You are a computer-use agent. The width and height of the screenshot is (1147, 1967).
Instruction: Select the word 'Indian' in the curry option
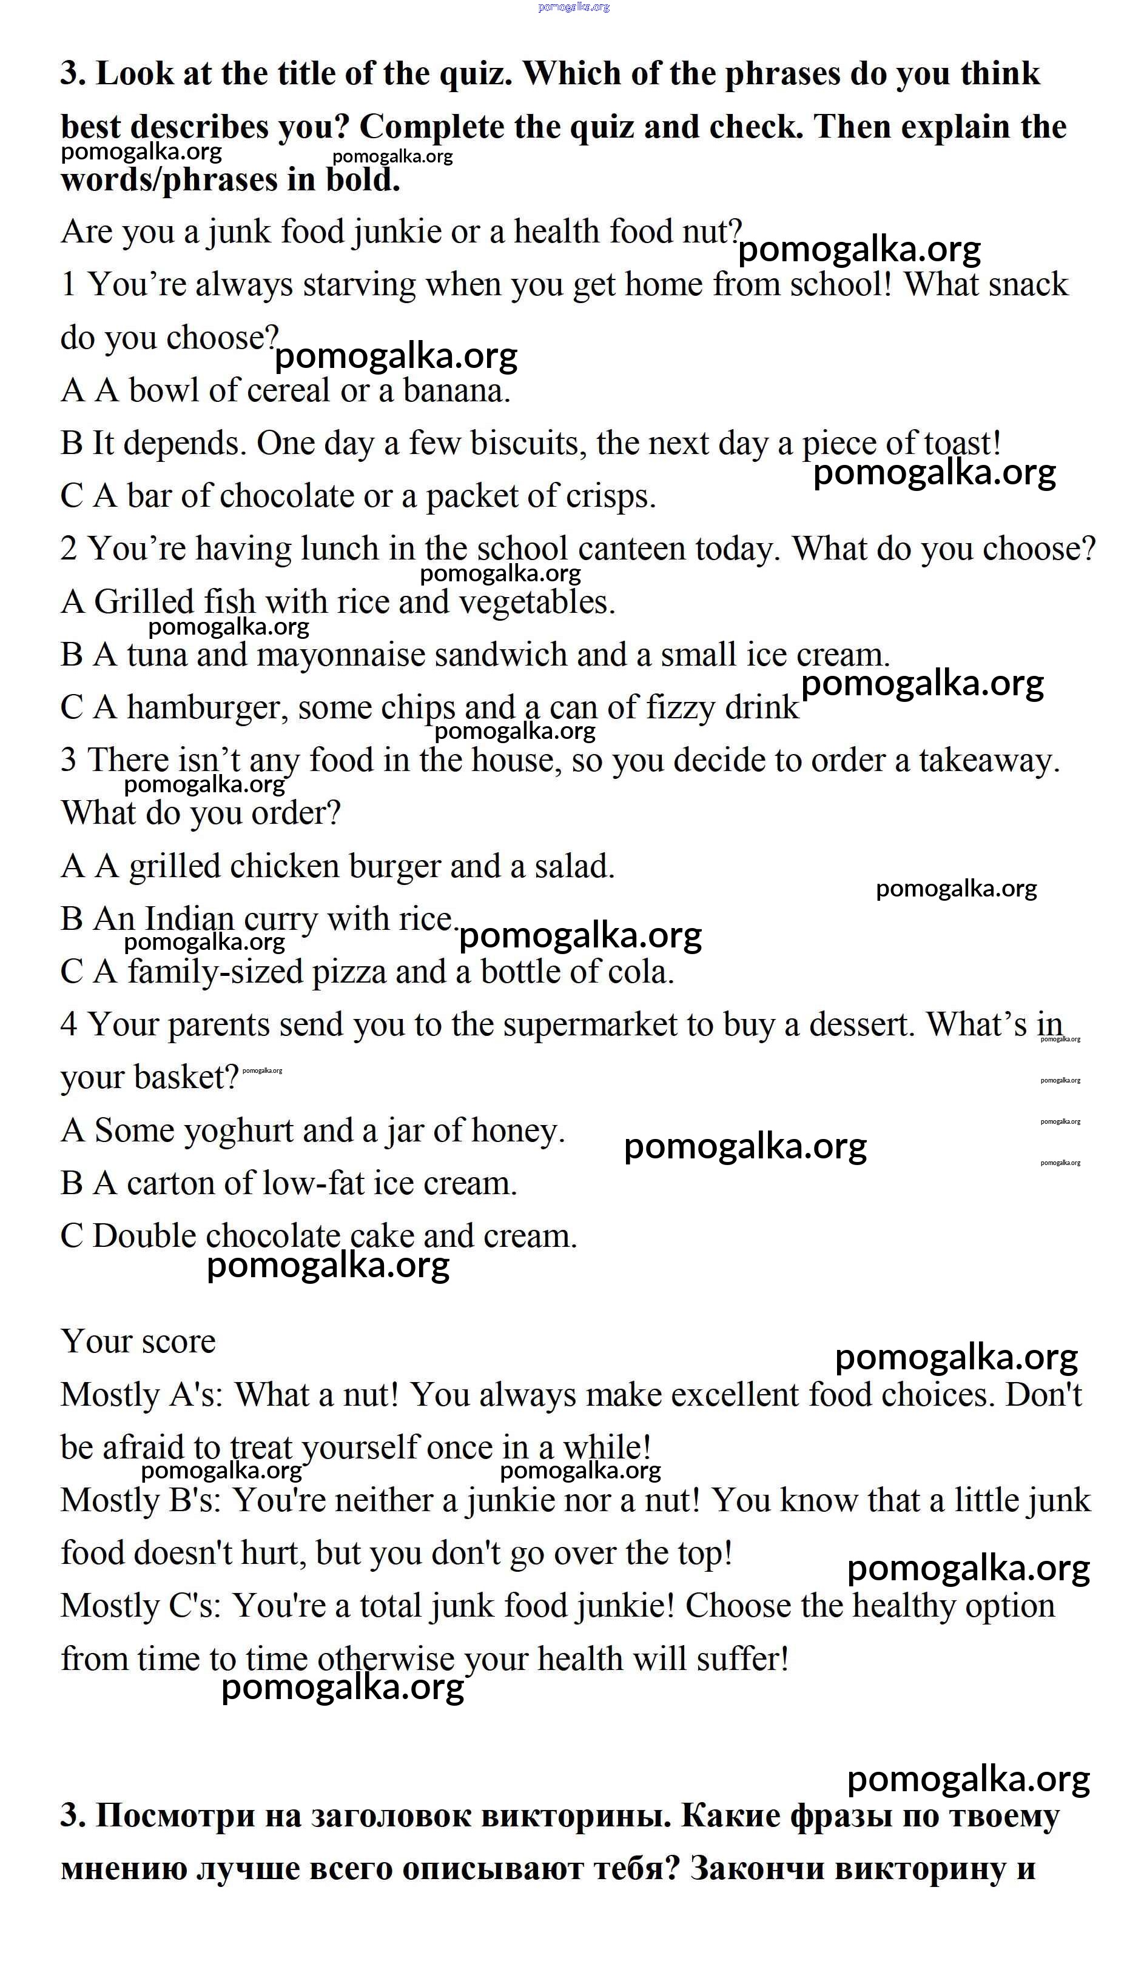(189, 920)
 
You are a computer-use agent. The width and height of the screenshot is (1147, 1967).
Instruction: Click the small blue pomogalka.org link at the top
(574, 7)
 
